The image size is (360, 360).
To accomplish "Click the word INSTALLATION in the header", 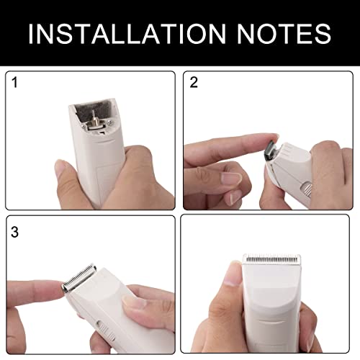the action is [127, 34].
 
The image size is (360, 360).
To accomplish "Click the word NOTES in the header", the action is [284, 34].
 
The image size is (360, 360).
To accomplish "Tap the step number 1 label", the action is [15, 82].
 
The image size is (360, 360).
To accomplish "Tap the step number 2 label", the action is [194, 82].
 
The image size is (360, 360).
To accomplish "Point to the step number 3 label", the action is [14, 232].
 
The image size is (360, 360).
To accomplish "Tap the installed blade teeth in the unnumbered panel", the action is [271, 258].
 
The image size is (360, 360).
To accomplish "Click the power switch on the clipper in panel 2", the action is [306, 189].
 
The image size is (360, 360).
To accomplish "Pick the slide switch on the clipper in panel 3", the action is [105, 330].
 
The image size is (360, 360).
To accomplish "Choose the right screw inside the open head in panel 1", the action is [109, 123].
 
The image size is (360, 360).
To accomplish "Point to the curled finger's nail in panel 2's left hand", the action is [231, 177].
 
